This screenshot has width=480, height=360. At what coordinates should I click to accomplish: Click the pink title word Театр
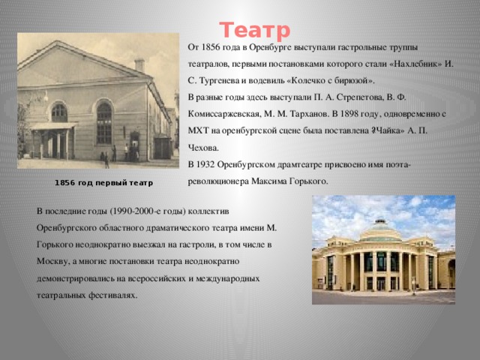coord(255,30)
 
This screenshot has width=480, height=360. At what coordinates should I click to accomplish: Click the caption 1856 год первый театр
coord(103,183)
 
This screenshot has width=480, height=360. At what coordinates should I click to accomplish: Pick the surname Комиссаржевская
coord(223,114)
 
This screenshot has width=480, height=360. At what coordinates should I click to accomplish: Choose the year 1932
coord(205,165)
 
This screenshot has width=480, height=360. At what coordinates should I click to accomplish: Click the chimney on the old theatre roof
coord(139,65)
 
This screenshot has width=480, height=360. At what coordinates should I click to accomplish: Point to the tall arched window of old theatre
coord(104,121)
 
